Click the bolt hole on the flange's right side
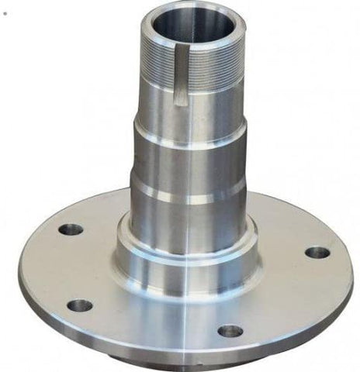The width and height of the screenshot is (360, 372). (x=317, y=252)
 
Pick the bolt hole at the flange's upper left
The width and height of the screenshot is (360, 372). (x=71, y=229)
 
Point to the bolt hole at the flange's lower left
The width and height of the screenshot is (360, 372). (x=79, y=305)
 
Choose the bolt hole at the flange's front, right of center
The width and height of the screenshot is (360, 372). (x=230, y=331)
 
